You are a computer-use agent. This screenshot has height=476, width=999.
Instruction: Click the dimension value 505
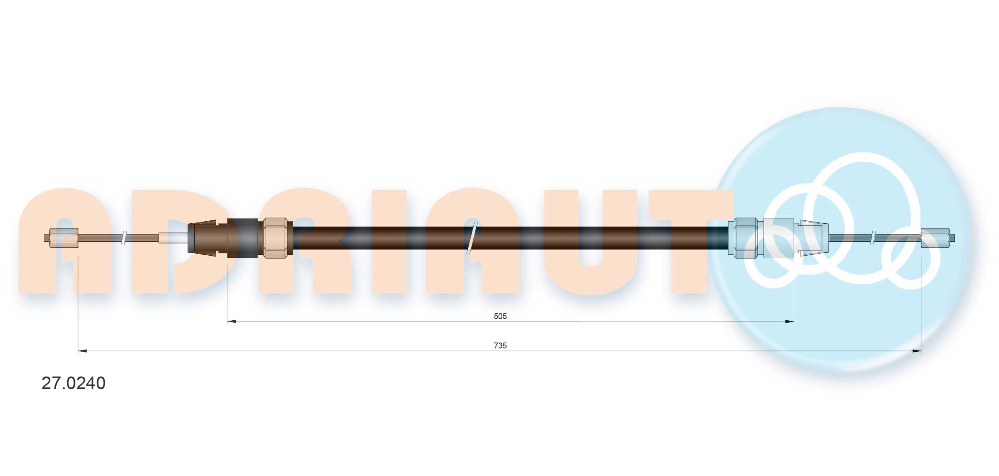tap(500, 316)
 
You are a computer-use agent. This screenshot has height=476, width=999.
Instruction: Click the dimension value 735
tap(500, 345)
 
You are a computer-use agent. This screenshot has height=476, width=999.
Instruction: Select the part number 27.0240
tap(73, 383)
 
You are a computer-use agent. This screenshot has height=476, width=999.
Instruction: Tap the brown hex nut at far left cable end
tap(63, 238)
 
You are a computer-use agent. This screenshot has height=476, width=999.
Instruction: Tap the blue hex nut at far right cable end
tap(935, 238)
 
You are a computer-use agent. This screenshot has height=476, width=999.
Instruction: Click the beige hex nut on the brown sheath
tap(275, 238)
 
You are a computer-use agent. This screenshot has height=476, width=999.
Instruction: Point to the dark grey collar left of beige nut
tap(243, 238)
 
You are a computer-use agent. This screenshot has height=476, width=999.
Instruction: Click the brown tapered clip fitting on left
tap(202, 238)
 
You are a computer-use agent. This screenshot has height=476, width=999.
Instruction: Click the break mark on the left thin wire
tap(124, 238)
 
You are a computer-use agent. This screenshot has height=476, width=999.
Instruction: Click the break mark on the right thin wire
tap(873, 238)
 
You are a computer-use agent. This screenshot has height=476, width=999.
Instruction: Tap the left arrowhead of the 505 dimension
tap(231, 322)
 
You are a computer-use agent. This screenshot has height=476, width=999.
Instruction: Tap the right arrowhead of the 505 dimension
tap(789, 322)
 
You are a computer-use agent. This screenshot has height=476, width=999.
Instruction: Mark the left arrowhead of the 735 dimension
tap(82, 351)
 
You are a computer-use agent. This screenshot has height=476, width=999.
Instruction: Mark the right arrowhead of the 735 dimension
tap(917, 351)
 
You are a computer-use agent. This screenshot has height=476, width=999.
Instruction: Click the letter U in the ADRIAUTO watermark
tap(589, 241)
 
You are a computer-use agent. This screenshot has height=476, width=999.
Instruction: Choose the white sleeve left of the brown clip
tap(173, 238)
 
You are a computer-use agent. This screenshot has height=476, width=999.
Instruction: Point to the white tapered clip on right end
tap(813, 238)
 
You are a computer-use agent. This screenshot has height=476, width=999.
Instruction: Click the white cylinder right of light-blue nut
tap(778, 238)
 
